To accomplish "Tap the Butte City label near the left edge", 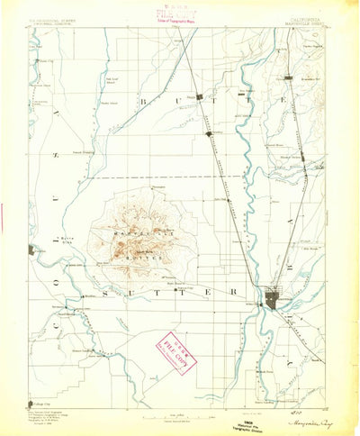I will [x=42, y=61].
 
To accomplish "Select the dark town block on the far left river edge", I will [x=31, y=250].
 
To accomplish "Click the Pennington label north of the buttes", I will [x=147, y=186].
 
